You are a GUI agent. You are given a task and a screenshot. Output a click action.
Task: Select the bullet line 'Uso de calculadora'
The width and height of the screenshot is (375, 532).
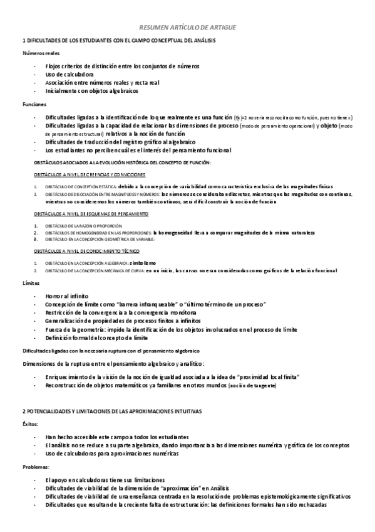(69, 74)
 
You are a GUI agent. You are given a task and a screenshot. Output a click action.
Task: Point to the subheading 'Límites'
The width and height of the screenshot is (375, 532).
(31, 283)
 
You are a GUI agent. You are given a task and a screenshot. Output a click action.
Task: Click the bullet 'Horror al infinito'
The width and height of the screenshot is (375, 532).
(67, 295)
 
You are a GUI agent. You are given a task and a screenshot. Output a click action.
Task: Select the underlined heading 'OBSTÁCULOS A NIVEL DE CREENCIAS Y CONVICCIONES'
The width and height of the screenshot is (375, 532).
(90, 174)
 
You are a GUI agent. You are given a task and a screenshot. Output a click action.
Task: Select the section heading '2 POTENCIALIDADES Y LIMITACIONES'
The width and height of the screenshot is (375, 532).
(111, 410)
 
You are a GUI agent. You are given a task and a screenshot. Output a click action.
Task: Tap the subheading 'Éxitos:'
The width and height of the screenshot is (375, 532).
(30, 424)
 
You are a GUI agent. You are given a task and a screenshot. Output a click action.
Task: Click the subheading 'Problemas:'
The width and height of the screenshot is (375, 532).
(35, 467)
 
